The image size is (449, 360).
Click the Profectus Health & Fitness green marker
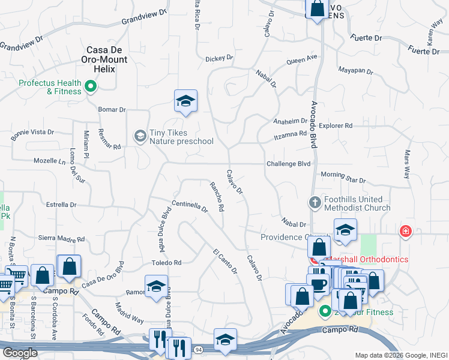[x=91, y=87]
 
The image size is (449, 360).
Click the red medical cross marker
[x=406, y=230]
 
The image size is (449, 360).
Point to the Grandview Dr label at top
[x=143, y=18]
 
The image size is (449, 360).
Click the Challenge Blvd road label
[x=288, y=164]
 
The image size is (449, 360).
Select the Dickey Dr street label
[x=218, y=59]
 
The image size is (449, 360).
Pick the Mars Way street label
[x=407, y=164]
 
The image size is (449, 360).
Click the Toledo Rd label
[x=166, y=263]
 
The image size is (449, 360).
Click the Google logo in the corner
[x=19, y=353]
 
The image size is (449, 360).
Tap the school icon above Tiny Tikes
[x=186, y=101]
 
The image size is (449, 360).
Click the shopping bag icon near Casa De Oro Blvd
[x=69, y=266]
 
